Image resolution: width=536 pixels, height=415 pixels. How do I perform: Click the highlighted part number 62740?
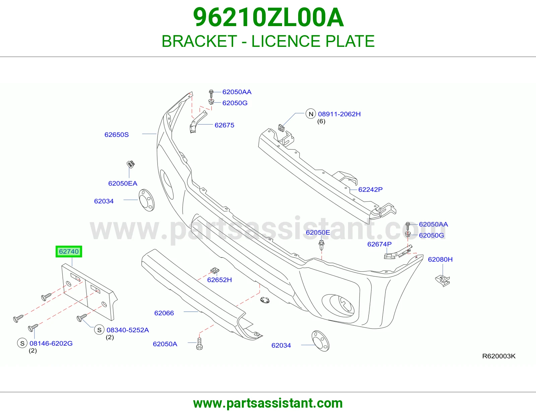point(69,251)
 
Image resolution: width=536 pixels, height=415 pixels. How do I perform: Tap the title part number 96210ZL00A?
point(268,17)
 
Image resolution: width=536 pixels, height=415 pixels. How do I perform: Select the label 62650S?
point(117,135)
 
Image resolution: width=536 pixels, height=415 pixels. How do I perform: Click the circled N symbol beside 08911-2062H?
point(311,114)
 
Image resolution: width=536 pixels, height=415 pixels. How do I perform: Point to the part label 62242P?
point(370,189)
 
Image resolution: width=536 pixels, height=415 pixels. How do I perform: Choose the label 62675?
point(224,125)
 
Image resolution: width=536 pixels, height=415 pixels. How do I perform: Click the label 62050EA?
point(123,183)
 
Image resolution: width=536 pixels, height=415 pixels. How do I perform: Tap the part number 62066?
point(164,313)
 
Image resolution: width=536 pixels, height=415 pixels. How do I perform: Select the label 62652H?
point(219,280)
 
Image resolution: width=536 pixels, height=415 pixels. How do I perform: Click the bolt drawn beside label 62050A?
point(199,343)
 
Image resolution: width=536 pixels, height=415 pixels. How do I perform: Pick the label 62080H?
point(440,259)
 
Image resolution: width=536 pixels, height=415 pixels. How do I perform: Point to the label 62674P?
point(379,244)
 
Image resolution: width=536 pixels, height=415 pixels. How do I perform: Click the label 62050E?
point(318,232)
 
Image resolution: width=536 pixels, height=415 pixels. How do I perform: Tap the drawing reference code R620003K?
point(499,356)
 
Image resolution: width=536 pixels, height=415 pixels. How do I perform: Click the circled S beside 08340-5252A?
point(99,330)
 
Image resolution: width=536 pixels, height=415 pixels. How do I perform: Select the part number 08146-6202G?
point(51,343)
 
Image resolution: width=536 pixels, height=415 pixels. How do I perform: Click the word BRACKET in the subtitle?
point(199,41)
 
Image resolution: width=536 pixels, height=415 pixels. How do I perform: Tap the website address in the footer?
point(268,403)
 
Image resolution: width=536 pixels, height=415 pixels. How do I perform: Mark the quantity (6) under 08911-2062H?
point(321,121)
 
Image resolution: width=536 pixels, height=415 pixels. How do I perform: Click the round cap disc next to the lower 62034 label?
point(320,341)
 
